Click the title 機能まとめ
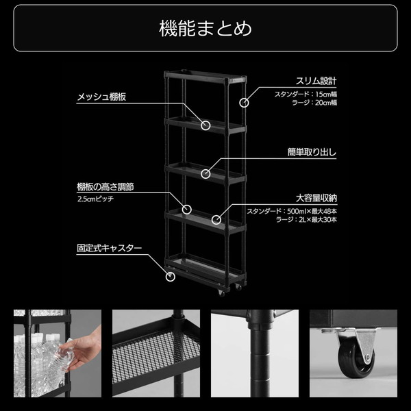click(205, 29)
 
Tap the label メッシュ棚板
click(101, 97)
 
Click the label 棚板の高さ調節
click(105, 186)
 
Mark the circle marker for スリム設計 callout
click(244, 103)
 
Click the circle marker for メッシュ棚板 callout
click(206, 125)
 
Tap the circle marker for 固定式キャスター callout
click(171, 277)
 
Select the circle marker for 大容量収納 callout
click(216, 220)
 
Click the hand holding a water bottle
click(82, 352)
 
